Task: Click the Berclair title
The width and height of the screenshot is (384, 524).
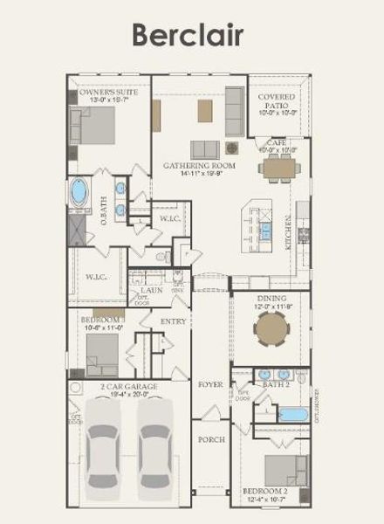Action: coord(187,34)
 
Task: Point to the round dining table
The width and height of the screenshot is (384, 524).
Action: coord(271,332)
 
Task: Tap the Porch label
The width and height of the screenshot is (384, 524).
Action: coord(211,439)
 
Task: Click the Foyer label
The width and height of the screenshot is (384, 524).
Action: coord(210,383)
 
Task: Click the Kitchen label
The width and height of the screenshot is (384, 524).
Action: coord(289,233)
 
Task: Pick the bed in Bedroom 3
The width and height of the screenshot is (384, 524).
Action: coord(101,353)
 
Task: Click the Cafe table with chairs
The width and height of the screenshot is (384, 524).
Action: coord(279,169)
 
